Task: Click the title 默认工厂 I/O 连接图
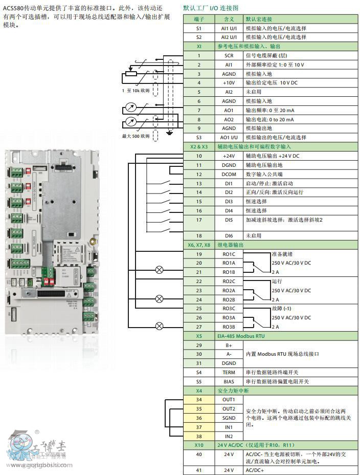coord(211,8)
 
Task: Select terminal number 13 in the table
coord(199,183)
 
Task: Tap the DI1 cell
coord(229,183)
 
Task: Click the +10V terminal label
coord(229,82)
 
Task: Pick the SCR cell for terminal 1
coord(229,55)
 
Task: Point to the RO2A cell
coord(229,290)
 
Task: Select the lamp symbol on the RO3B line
coord(159,326)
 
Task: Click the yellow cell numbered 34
coord(199,399)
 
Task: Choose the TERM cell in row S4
coord(229,373)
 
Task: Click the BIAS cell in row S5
coord(229,382)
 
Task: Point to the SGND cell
coord(229,418)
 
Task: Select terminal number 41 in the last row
coord(199,469)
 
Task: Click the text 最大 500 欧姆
coord(136,136)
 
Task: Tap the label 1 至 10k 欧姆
coord(136,91)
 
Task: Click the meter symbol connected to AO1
coord(130,108)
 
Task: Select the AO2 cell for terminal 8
coord(229,119)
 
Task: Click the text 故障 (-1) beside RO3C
coord(282,309)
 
